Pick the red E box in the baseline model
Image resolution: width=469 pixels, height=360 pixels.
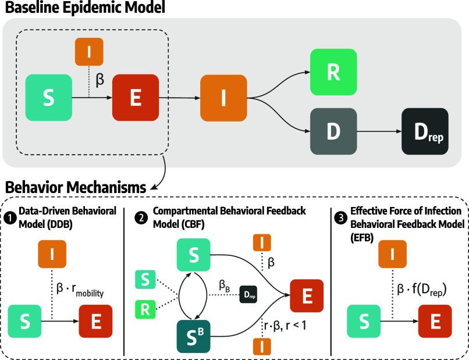[x=135, y=98]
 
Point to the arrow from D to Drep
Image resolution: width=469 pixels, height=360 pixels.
[x=378, y=131]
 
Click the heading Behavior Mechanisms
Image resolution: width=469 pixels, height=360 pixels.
[x=75, y=188]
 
